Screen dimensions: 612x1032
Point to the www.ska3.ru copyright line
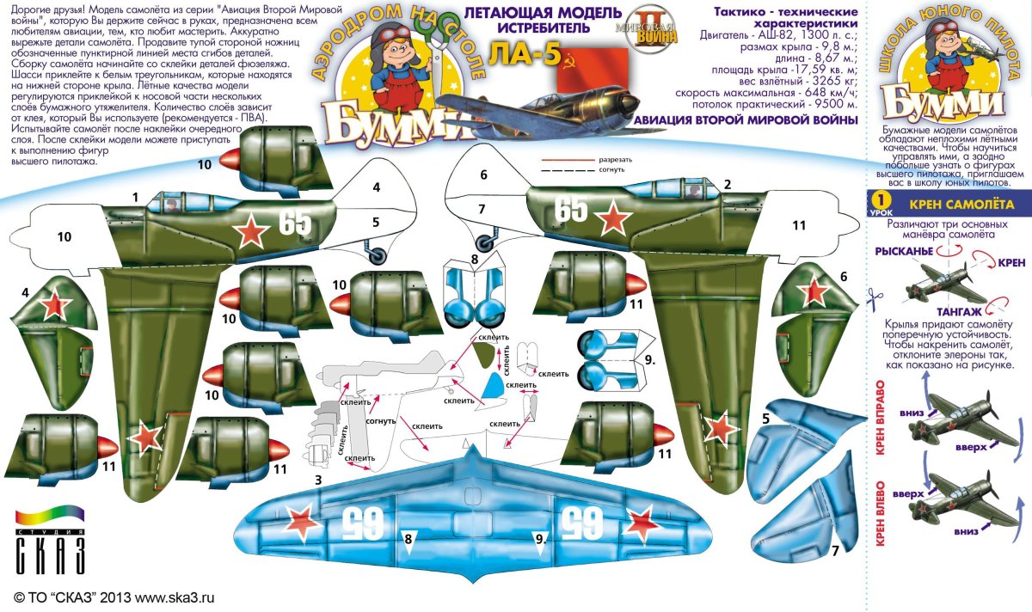[x=114, y=597]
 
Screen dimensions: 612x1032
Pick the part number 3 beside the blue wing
[x=318, y=480]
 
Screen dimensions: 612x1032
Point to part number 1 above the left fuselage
[x=136, y=197]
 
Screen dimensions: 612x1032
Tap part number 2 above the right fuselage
[x=728, y=184]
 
